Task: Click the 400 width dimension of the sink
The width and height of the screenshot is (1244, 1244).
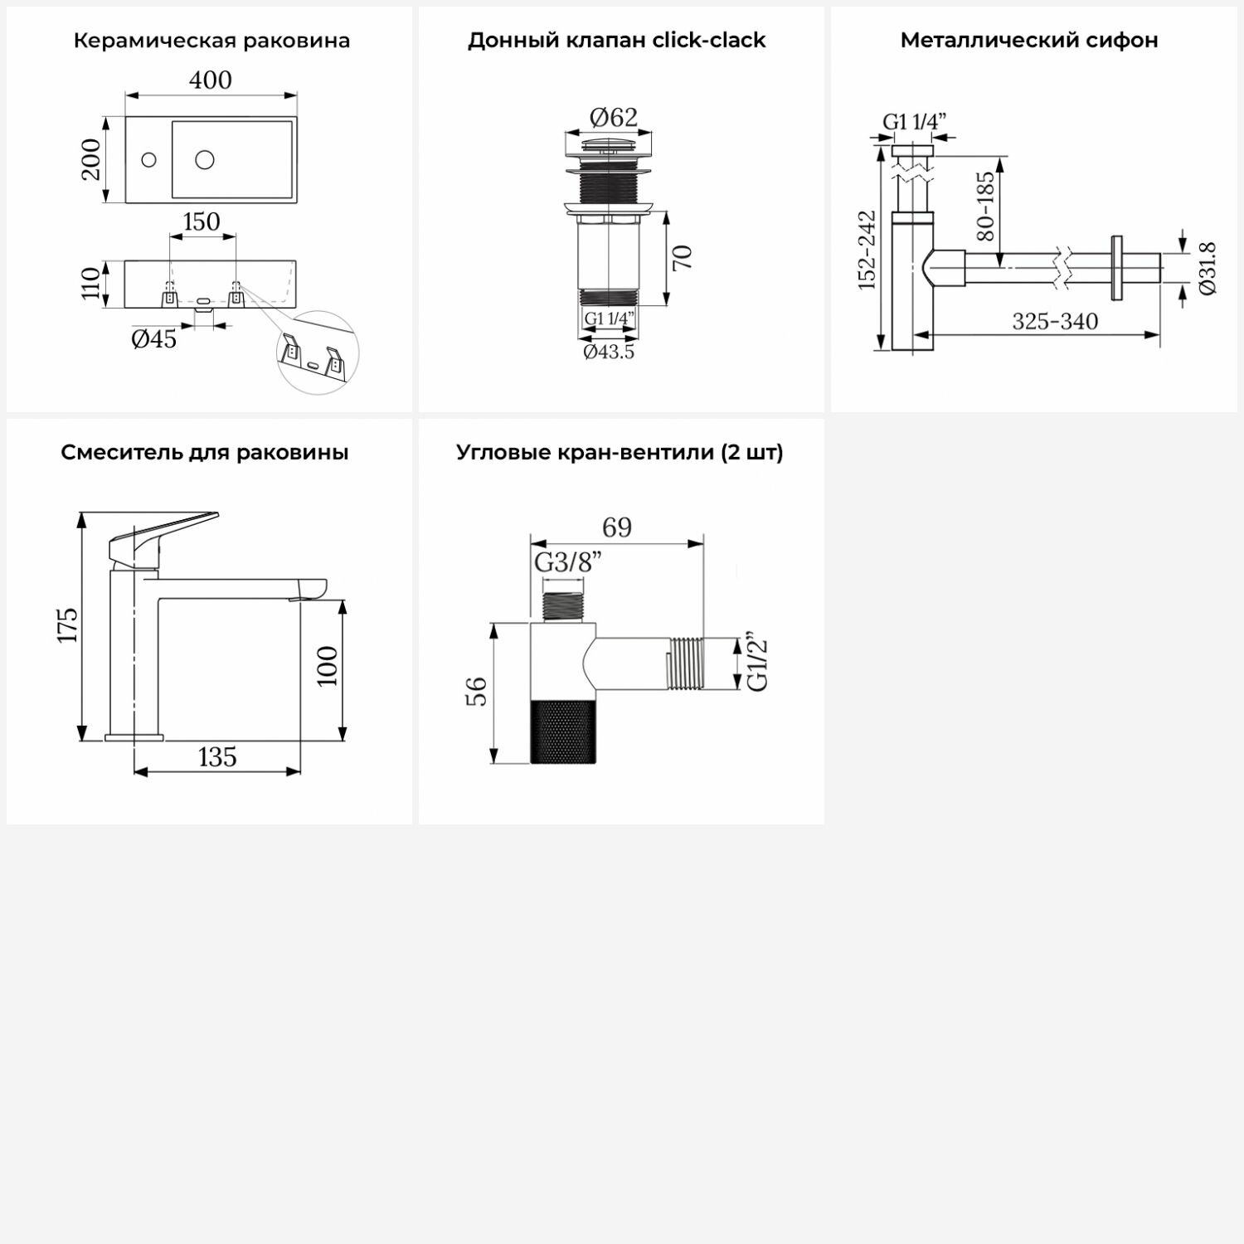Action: (211, 80)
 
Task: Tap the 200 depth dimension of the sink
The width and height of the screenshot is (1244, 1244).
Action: (91, 159)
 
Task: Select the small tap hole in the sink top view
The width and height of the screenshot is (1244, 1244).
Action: (149, 159)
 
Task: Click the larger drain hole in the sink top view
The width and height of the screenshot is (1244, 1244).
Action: (204, 158)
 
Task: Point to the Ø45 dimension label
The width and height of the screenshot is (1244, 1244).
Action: (154, 338)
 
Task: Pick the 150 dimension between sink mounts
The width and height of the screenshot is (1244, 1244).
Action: (202, 222)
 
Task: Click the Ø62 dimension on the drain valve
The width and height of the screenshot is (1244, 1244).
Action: (614, 118)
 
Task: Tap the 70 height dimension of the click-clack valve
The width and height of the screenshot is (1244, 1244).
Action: (682, 258)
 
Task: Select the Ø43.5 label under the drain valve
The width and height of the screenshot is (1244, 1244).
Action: (609, 352)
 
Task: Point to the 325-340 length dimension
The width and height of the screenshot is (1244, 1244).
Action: (1055, 322)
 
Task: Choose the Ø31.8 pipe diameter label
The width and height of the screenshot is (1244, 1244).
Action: (1208, 268)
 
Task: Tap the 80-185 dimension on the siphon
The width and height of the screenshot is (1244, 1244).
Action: (985, 207)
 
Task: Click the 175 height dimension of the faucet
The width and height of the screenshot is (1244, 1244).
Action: (68, 624)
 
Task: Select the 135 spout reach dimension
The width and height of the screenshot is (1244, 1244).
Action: (217, 757)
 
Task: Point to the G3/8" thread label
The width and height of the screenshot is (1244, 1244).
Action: (567, 562)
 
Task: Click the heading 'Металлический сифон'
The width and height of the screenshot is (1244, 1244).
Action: (1029, 40)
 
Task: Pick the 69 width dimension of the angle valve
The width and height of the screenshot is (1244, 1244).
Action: (617, 527)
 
